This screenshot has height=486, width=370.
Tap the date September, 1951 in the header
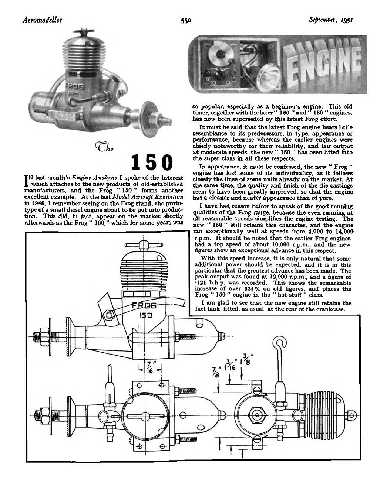tap(332, 20)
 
